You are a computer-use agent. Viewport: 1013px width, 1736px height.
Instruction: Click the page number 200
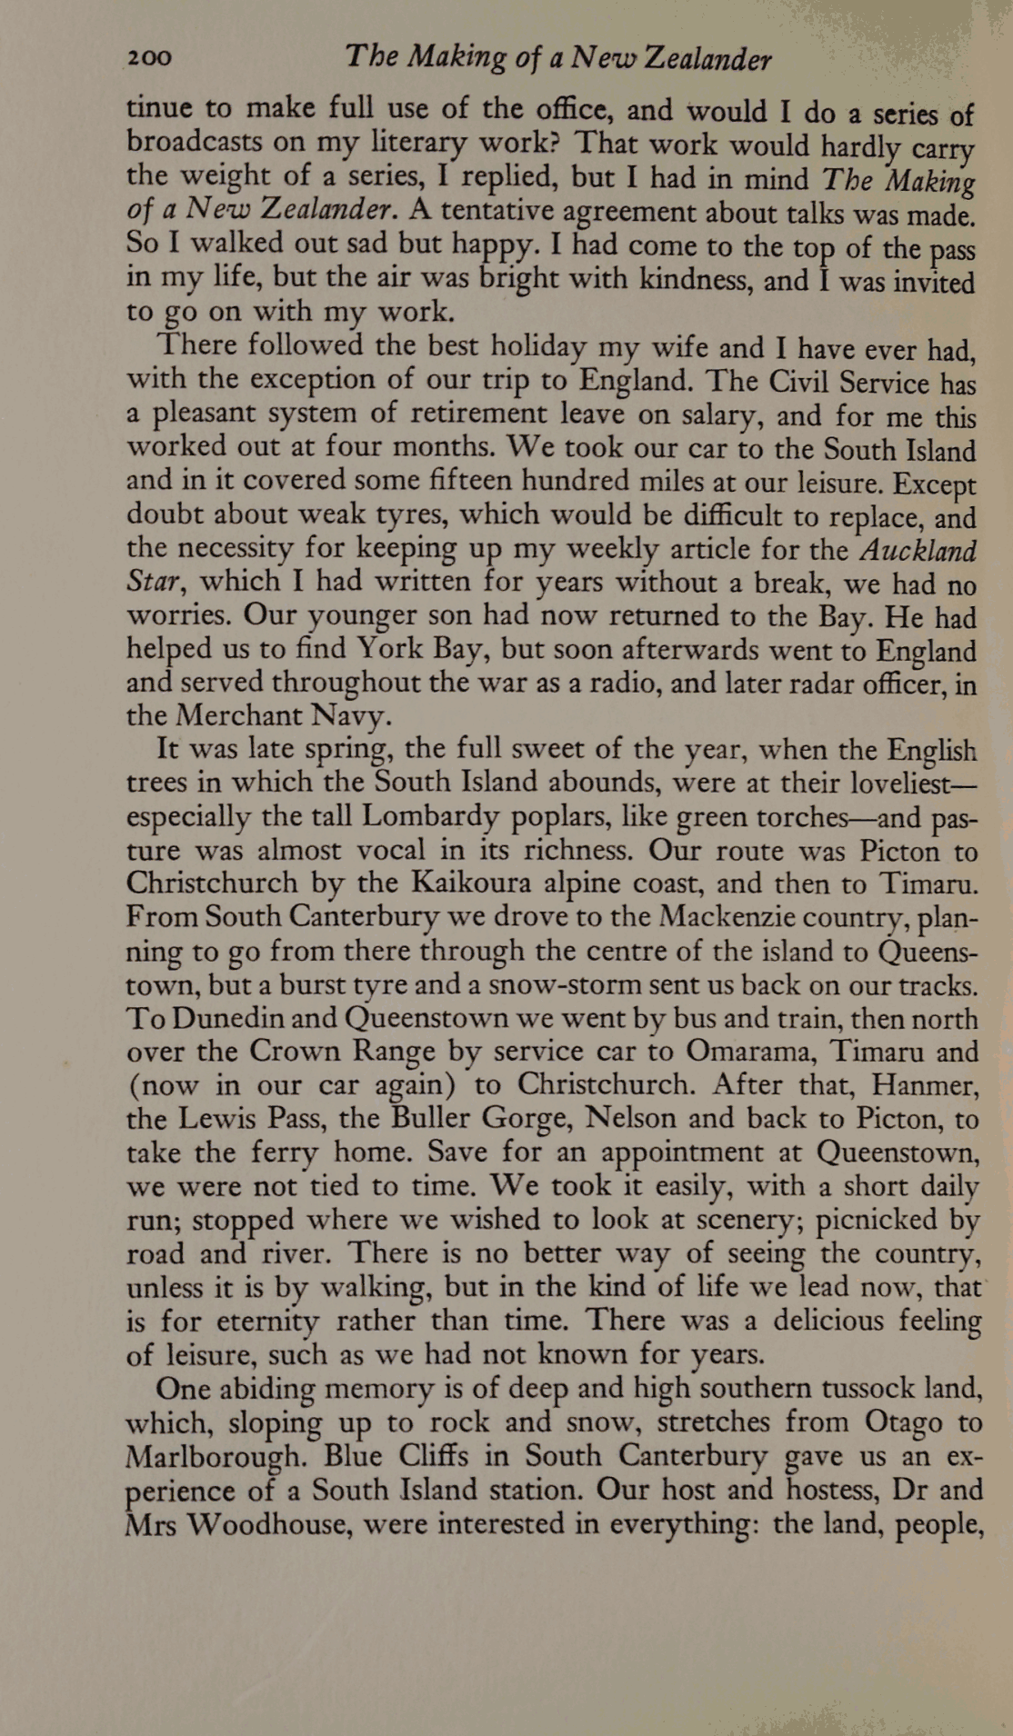click(x=148, y=59)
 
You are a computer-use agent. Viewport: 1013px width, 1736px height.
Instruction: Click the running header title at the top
click(x=558, y=59)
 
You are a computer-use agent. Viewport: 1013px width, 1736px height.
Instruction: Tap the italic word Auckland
click(x=918, y=551)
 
